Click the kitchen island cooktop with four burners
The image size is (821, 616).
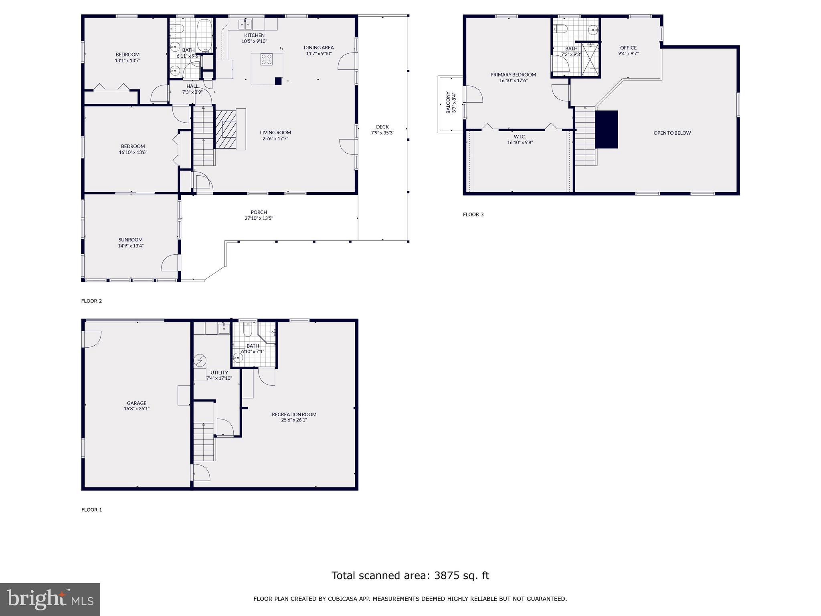(267, 60)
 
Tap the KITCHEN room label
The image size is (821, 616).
(254, 35)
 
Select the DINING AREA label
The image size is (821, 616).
(319, 47)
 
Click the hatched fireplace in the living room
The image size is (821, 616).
(226, 128)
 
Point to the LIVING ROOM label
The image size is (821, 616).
(275, 133)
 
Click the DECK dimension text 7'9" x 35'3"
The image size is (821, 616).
(382, 133)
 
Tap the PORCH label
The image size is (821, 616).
(259, 212)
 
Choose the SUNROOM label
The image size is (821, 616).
(131, 240)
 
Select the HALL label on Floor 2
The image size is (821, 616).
(192, 86)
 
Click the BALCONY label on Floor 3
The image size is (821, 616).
(448, 103)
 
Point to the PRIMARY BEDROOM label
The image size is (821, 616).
(513, 75)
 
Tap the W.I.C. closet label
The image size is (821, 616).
(520, 137)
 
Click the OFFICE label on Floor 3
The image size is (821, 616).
(628, 48)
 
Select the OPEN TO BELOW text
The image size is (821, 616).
(672, 133)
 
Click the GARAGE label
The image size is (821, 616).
(137, 403)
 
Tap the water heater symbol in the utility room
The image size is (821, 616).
(199, 361)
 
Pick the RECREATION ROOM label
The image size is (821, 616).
(294, 414)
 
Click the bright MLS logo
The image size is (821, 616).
(50, 600)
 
